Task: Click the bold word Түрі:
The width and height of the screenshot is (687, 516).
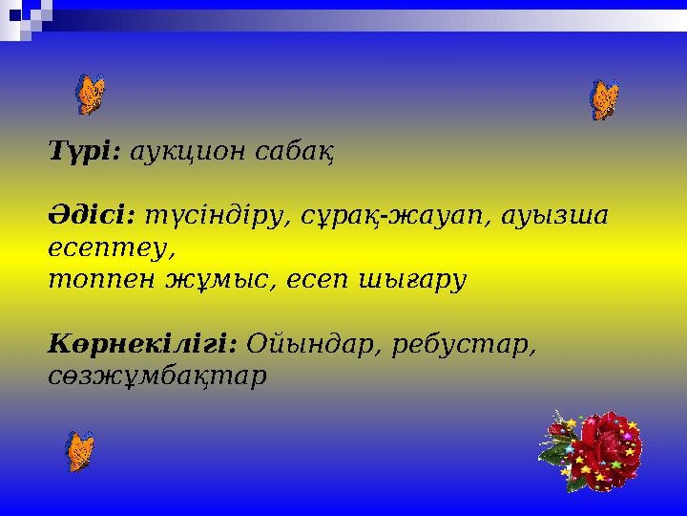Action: (x=83, y=151)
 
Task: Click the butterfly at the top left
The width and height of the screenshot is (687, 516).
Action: (x=90, y=95)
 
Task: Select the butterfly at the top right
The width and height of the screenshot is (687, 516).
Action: (x=605, y=99)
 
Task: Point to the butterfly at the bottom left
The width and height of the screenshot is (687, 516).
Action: (x=80, y=450)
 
